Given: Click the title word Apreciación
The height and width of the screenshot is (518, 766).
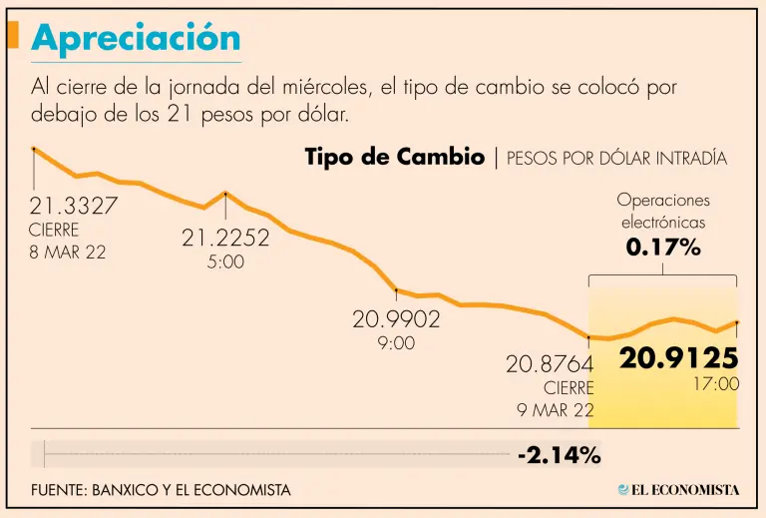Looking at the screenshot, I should click(x=137, y=38).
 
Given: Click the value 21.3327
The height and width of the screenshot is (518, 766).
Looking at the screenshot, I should click(x=74, y=206).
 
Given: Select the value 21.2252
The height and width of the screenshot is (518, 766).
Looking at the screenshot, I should click(x=225, y=238).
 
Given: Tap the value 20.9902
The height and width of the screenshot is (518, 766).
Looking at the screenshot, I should click(x=396, y=319).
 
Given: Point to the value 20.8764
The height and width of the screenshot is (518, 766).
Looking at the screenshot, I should click(x=550, y=364).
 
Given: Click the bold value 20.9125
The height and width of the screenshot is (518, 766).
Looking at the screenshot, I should click(x=679, y=358).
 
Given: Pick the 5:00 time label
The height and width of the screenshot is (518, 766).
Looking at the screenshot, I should click(x=225, y=262).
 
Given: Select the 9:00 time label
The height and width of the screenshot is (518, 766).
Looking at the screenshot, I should click(x=396, y=343).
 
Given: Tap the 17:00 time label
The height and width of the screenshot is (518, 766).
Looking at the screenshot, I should click(x=716, y=383).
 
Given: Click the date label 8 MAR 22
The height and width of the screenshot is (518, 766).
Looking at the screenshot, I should click(x=68, y=252).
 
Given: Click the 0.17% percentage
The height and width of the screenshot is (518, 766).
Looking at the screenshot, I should click(x=663, y=247).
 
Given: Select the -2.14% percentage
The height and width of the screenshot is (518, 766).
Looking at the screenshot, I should click(x=559, y=456).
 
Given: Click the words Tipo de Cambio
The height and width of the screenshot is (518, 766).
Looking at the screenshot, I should click(x=394, y=158).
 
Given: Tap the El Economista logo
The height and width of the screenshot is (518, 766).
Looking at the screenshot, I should click(x=678, y=489).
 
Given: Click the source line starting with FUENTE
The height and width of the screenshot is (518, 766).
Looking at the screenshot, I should click(x=161, y=490).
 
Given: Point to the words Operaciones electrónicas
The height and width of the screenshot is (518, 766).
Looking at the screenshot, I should click(x=663, y=211).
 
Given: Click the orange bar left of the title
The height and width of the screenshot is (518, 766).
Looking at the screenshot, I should click(x=13, y=35).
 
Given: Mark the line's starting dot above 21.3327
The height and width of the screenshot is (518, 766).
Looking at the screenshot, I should click(x=34, y=149).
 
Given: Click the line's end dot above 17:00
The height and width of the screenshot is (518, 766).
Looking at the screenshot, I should click(x=736, y=322).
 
